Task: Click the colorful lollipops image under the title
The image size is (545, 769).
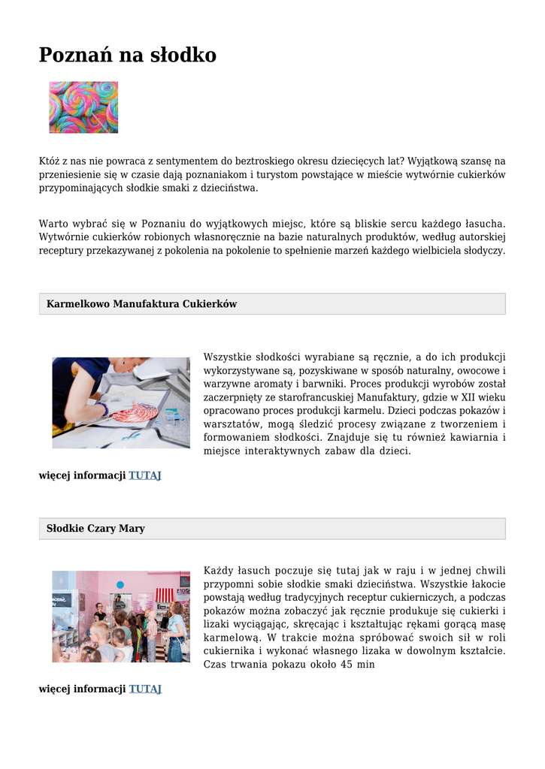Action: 83,107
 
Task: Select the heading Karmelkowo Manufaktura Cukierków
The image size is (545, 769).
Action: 141,304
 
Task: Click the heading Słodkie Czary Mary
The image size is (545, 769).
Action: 95,529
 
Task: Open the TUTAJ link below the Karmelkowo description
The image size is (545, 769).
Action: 145,475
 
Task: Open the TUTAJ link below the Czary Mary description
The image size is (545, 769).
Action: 145,689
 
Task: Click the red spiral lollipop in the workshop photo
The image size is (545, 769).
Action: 134,412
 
